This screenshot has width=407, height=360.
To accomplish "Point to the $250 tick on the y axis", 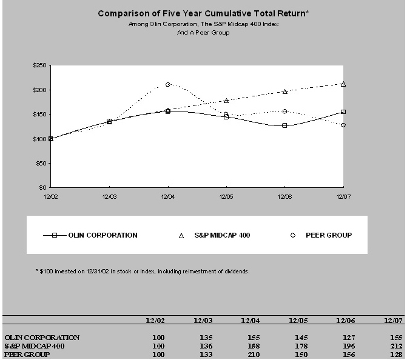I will pos(41,65).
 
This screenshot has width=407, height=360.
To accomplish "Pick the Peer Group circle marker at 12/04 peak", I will pos(168,84).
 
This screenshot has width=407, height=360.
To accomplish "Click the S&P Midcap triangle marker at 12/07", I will pos(343,84).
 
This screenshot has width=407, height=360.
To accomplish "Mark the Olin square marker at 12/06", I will pos(284,125).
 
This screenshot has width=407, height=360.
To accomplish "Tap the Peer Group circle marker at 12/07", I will pos(343,125).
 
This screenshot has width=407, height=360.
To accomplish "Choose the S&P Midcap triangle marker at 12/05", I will pos(226,101).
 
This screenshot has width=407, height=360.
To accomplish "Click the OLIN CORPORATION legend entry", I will pos(90,235).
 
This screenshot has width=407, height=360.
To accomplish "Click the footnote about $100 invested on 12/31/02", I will pos(142,271).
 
